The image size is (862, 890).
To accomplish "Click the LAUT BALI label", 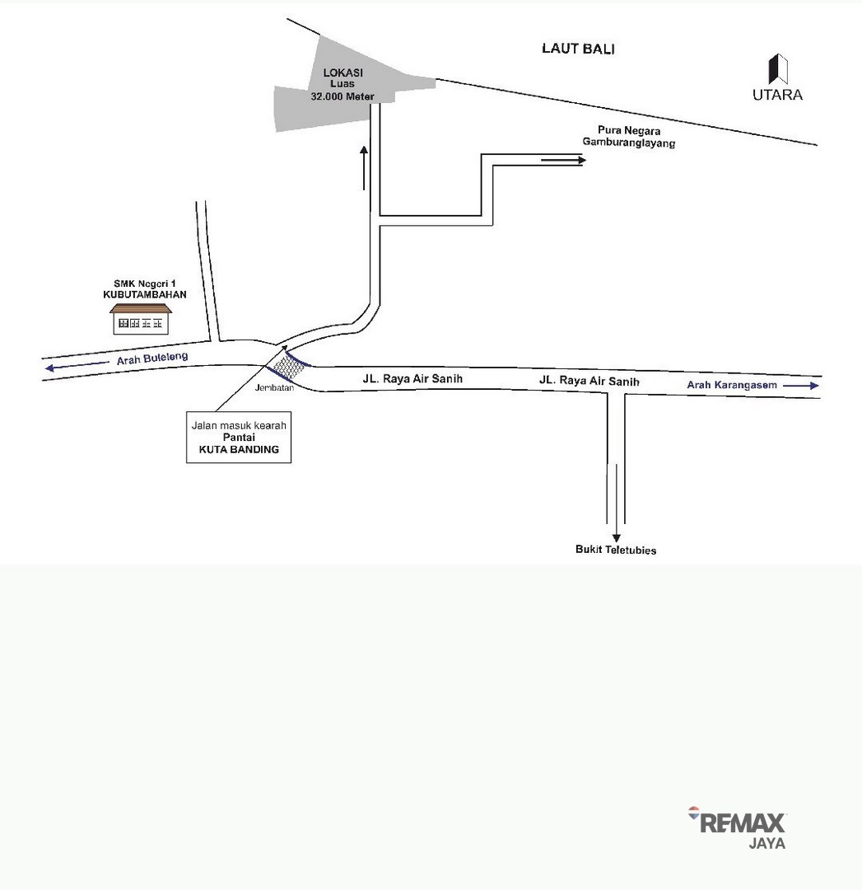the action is [578, 49].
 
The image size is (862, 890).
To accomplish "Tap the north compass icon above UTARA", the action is [778, 69].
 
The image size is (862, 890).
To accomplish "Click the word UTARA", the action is [777, 95].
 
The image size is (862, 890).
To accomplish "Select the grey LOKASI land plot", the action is [340, 91].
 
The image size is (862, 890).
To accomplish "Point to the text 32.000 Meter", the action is [342, 96].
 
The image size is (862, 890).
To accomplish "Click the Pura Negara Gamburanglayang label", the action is [629, 136].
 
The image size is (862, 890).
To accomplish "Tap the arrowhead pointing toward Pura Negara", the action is [582, 161].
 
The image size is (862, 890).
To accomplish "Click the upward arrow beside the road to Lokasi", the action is [364, 168].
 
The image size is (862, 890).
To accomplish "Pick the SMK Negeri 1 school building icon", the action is [141, 319].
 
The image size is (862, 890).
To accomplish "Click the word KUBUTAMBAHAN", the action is [145, 294].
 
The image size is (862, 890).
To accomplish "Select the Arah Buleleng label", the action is [152, 358].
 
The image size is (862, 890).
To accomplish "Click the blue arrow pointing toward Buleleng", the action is [77, 366].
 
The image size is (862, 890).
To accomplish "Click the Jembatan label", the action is [274, 387].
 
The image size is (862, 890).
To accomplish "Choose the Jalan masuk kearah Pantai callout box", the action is [239, 437].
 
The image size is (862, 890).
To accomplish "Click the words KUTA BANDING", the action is [239, 450].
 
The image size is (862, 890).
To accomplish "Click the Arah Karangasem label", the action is [732, 385].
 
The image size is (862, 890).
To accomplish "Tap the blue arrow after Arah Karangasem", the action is [801, 386].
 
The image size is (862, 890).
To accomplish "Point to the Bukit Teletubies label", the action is [616, 550].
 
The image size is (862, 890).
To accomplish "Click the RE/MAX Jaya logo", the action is [737, 827].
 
